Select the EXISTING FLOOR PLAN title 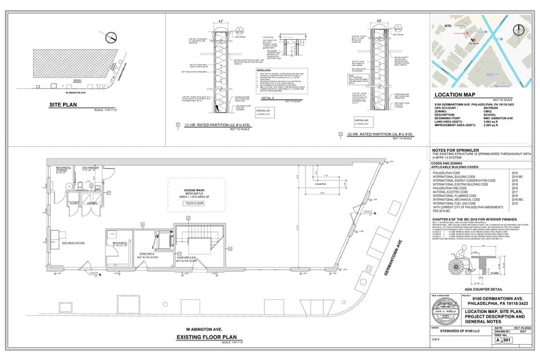tap(206, 336)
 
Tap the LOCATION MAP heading tap(461, 96)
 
